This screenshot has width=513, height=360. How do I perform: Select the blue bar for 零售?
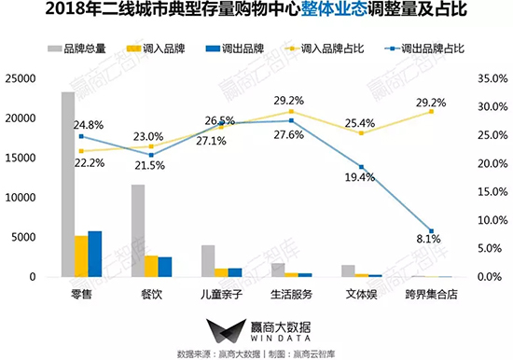[x=94, y=254]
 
